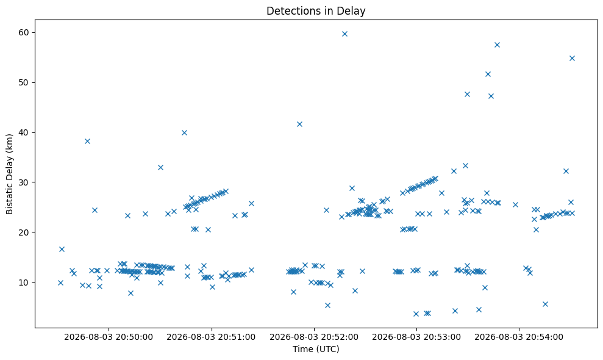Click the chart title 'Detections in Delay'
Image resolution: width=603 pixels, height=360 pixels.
pyautogui.click(x=316, y=11)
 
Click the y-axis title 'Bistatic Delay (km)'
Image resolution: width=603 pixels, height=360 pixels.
pyautogui.click(x=10, y=174)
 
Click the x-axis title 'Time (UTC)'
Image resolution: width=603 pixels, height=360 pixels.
pyautogui.click(x=316, y=349)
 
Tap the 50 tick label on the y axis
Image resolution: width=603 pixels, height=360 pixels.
pyautogui.click(x=24, y=83)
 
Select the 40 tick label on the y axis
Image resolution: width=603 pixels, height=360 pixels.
pyautogui.click(x=24, y=132)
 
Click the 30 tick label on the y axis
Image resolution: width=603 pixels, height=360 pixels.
pyautogui.click(x=24, y=182)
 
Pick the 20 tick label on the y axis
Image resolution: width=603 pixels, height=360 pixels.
pyautogui.click(x=24, y=232)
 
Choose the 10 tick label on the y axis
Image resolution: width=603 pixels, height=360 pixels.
pyautogui.click(x=24, y=283)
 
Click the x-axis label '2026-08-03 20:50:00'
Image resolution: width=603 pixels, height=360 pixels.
pyautogui.click(x=109, y=337)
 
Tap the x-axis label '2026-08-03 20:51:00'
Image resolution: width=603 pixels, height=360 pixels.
pyautogui.click(x=211, y=337)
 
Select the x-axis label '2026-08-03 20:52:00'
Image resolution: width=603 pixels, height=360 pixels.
pyautogui.click(x=314, y=337)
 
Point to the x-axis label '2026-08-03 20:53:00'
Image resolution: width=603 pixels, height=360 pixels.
pyautogui.click(x=416, y=337)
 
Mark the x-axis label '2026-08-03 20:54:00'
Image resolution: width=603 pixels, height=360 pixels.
pyautogui.click(x=519, y=337)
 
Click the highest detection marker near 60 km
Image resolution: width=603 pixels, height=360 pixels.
pyautogui.click(x=344, y=34)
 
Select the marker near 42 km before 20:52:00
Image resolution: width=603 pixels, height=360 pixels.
pyautogui.click(x=299, y=124)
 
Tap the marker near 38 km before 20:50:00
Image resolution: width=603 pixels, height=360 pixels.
pyautogui.click(x=87, y=142)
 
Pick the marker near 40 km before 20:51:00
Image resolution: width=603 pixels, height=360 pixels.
pyautogui.click(x=184, y=133)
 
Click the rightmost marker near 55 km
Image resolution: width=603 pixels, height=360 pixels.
pyautogui.click(x=572, y=58)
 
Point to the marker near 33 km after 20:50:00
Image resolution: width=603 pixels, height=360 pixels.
pyautogui.click(x=160, y=167)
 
